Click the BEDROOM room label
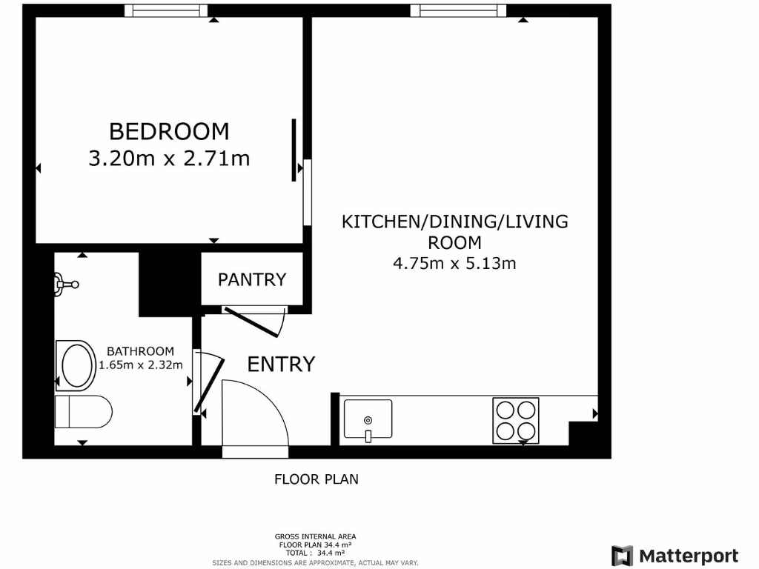pyautogui.click(x=169, y=131)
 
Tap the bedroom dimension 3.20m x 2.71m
pyautogui.click(x=169, y=158)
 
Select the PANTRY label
pyautogui.click(x=251, y=279)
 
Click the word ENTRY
pyautogui.click(x=281, y=364)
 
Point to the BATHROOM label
pyautogui.click(x=140, y=351)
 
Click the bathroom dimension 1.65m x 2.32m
pyautogui.click(x=140, y=364)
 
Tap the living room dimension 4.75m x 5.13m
pyautogui.click(x=454, y=262)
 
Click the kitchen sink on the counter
pyautogui.click(x=368, y=420)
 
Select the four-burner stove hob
pyautogui.click(x=515, y=421)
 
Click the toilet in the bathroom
pyautogui.click(x=83, y=411)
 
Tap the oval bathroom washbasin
pyautogui.click(x=77, y=365)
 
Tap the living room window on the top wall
pyautogui.click(x=458, y=10)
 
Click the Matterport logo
pyautogui.click(x=675, y=556)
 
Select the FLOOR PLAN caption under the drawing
pyautogui.click(x=316, y=479)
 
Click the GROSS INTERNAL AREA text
pyautogui.click(x=315, y=536)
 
